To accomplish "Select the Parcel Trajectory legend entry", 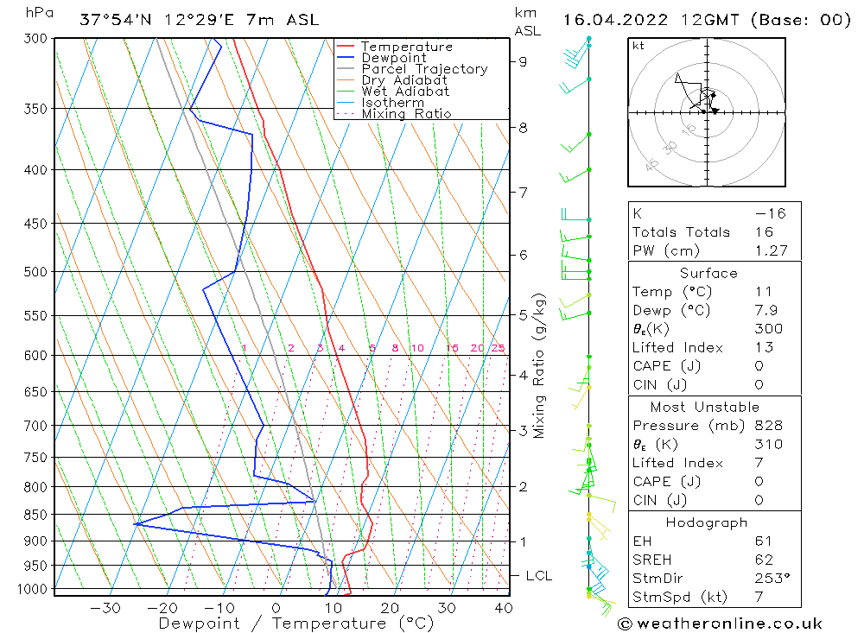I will (424, 69).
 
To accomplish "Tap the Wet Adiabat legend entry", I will (405, 92).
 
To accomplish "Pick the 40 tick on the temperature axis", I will (502, 608).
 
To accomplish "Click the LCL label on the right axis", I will (538, 575).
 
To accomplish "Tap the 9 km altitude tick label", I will (523, 61).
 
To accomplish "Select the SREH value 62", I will (763, 560).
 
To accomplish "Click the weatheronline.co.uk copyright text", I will (720, 624).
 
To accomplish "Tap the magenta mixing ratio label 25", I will (498, 348).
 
